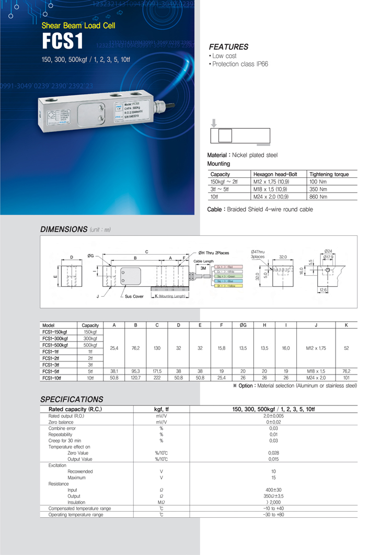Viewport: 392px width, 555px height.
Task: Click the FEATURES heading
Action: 228,47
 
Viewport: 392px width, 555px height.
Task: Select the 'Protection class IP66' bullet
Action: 239,64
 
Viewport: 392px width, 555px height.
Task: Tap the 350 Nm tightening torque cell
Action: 318,189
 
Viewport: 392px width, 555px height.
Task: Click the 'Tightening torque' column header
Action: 329,174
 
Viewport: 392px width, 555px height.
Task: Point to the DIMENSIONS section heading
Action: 63,229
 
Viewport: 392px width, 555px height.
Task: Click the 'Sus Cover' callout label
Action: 134,296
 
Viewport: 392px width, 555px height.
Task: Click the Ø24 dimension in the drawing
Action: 328,251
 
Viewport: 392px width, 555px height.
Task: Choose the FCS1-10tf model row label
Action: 54,377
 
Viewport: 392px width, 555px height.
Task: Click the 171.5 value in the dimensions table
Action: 157,371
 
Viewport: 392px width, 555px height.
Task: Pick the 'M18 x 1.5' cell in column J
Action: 316,371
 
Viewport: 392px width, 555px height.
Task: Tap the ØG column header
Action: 243,325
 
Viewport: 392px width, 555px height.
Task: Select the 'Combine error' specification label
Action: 62,428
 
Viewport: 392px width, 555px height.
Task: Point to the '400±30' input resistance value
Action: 273,490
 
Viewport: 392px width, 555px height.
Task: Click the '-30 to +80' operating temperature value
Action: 273,515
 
